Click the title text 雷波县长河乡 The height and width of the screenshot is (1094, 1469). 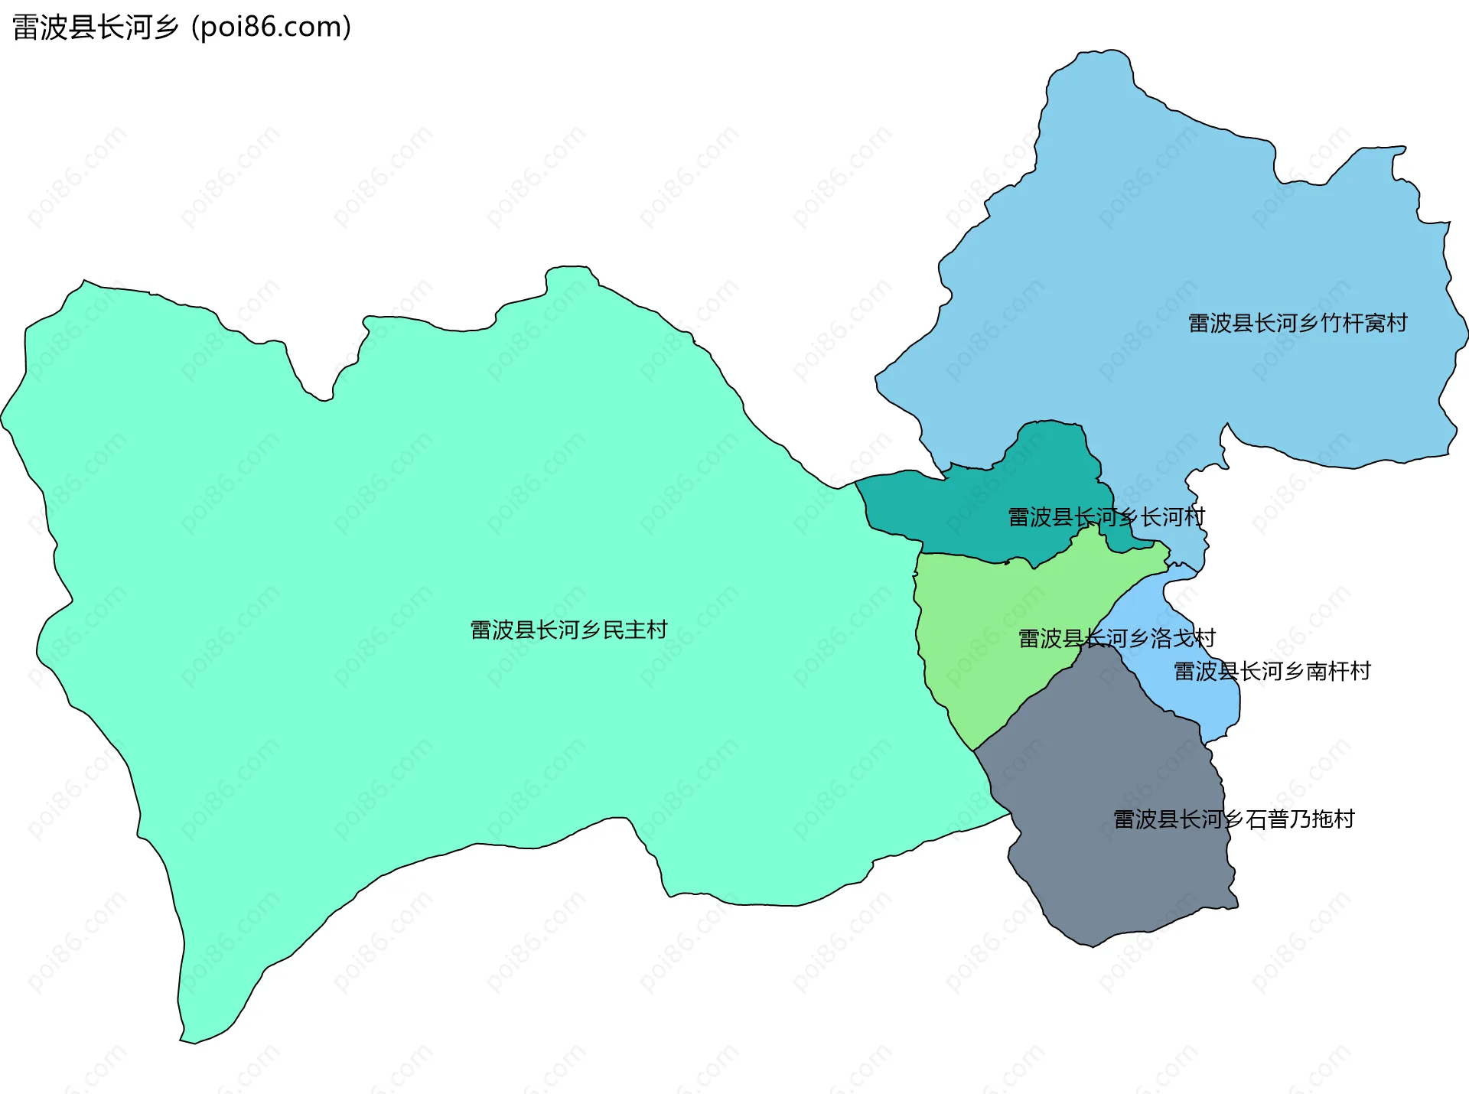tap(96, 28)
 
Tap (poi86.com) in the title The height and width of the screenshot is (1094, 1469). tap(272, 28)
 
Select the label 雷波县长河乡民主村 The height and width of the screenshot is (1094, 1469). tap(568, 630)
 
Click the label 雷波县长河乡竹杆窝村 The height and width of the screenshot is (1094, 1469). tap(1298, 323)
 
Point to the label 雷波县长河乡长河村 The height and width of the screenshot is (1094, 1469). tap(1106, 517)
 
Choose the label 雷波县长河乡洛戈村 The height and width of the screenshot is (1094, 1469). tap(1116, 638)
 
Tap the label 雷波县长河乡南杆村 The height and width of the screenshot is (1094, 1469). tap(1272, 671)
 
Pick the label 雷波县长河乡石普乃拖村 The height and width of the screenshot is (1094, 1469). tap(1233, 819)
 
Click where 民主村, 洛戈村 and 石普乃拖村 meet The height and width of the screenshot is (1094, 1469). tap(974, 750)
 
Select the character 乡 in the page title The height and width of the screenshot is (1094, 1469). tap(165, 28)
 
